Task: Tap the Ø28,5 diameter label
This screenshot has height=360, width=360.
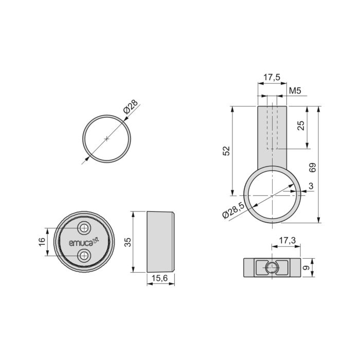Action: pos(233,211)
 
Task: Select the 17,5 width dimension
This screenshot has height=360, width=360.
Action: pos(272,78)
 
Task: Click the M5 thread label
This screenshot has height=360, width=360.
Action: pos(295,91)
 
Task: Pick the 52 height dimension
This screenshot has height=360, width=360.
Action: pos(226,151)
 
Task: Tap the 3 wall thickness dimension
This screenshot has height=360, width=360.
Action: pos(311,185)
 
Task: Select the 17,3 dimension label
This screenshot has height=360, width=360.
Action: pos(286,241)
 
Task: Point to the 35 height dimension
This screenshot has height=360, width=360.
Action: pos(128,242)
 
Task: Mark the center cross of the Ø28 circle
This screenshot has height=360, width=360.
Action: pos(106,138)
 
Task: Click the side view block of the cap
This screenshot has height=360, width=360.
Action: pos(161,241)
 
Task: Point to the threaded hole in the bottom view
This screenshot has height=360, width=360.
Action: pos(272,267)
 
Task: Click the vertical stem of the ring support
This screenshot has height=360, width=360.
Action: pos(272,136)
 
